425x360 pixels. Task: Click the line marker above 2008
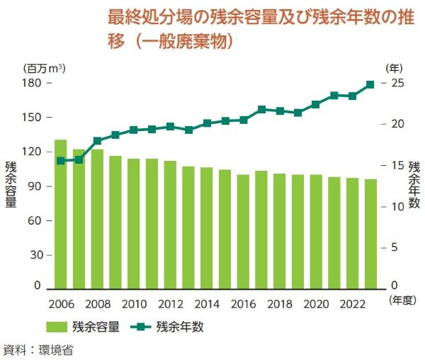[98, 140]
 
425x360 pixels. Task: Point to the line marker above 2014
[207, 123]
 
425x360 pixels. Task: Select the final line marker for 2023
[370, 84]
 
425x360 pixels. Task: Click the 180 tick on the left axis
[33, 83]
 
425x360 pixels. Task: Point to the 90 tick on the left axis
[36, 186]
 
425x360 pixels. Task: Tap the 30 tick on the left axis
[36, 254]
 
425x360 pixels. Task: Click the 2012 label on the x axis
[170, 304]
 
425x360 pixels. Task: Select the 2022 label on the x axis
[352, 304]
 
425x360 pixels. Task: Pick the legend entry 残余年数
[181, 327]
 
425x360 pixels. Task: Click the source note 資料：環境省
[38, 349]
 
